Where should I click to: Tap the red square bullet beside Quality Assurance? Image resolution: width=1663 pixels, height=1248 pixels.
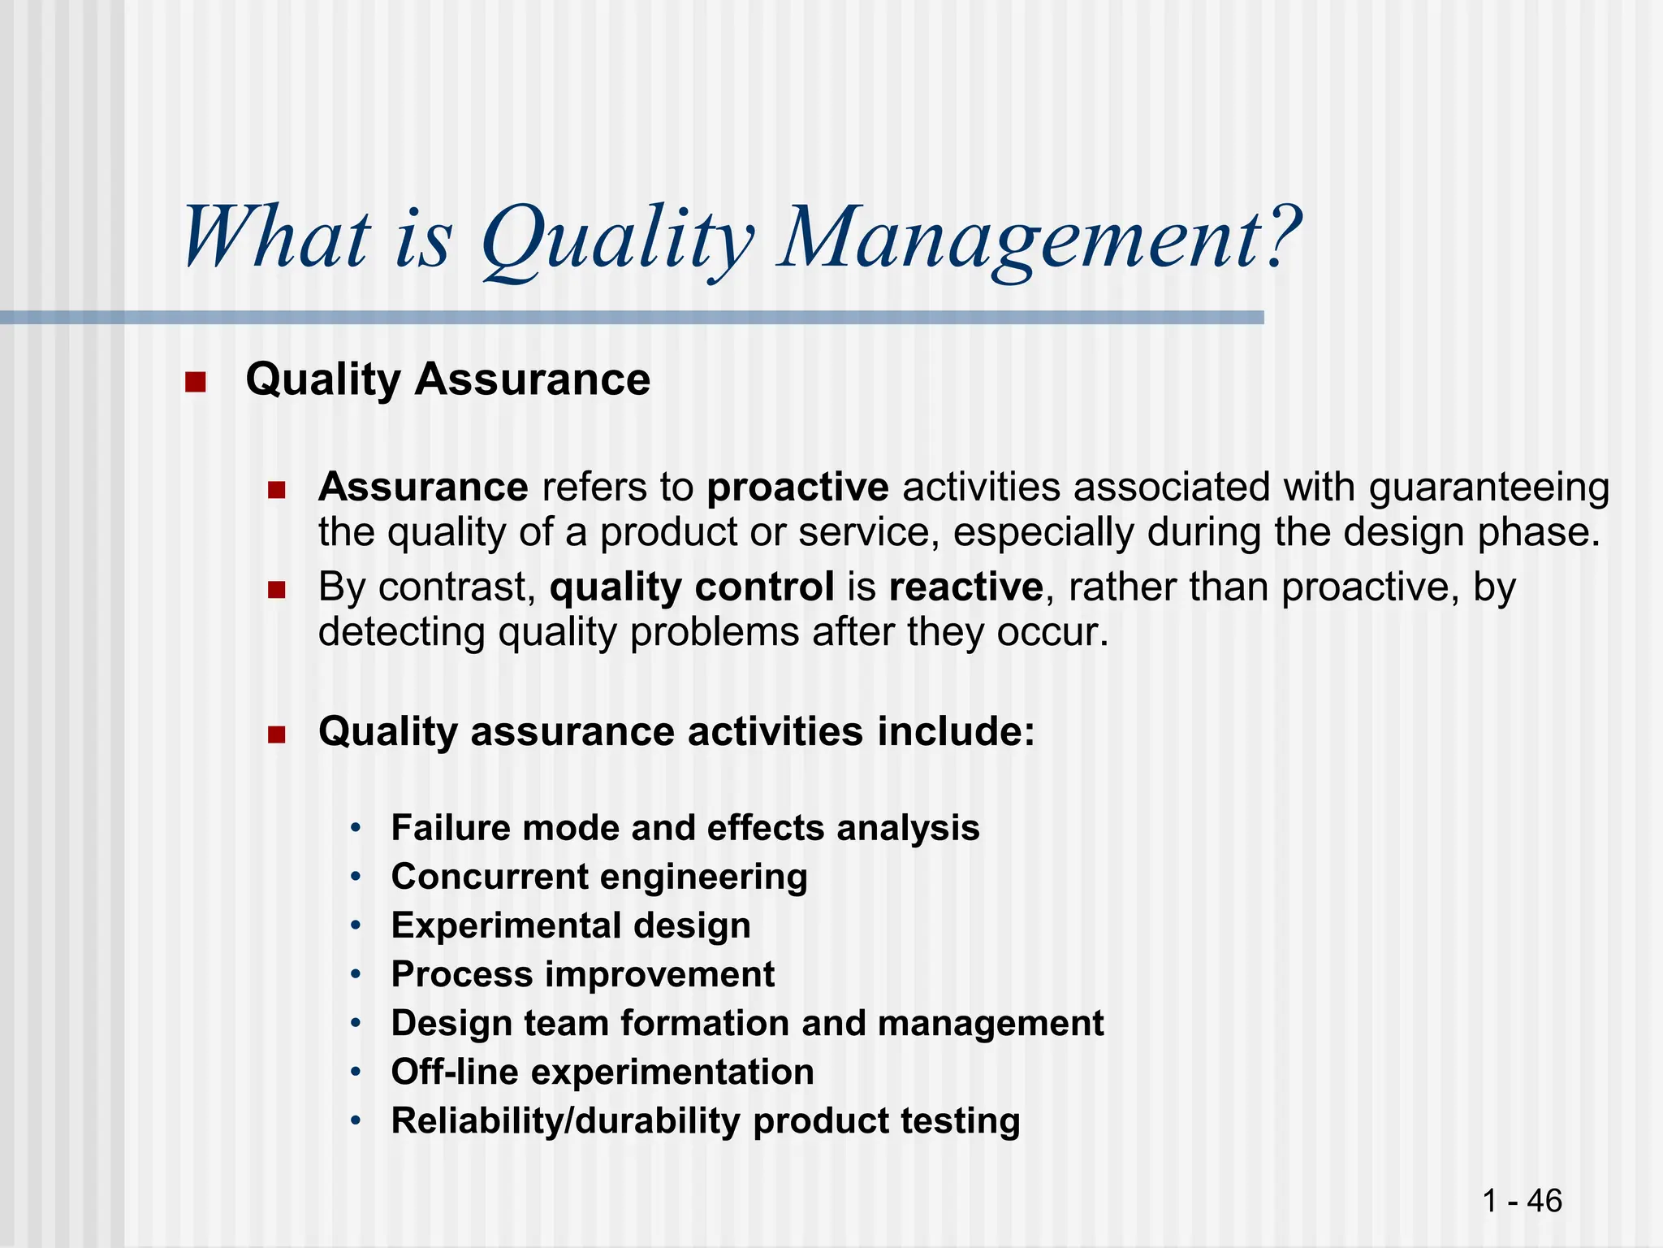(195, 381)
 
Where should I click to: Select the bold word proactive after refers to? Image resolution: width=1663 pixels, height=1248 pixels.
(797, 487)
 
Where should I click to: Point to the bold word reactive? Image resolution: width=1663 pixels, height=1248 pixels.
(965, 587)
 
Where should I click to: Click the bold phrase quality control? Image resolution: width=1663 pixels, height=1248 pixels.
(692, 587)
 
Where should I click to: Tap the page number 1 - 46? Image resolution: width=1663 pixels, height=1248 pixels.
(1521, 1200)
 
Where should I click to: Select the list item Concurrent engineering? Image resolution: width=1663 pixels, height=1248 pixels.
(599, 877)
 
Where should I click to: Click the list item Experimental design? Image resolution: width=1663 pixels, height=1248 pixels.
(571, 926)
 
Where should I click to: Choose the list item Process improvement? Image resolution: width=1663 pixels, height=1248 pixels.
(582, 975)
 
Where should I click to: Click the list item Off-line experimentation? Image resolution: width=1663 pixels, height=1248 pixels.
(602, 1072)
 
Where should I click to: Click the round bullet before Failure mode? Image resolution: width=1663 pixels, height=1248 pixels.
(355, 829)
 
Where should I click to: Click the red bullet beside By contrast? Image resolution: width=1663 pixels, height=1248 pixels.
(277, 589)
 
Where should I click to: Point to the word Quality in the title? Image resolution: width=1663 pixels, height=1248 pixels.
(617, 239)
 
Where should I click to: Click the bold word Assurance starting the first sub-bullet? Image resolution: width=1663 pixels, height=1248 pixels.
(423, 487)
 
